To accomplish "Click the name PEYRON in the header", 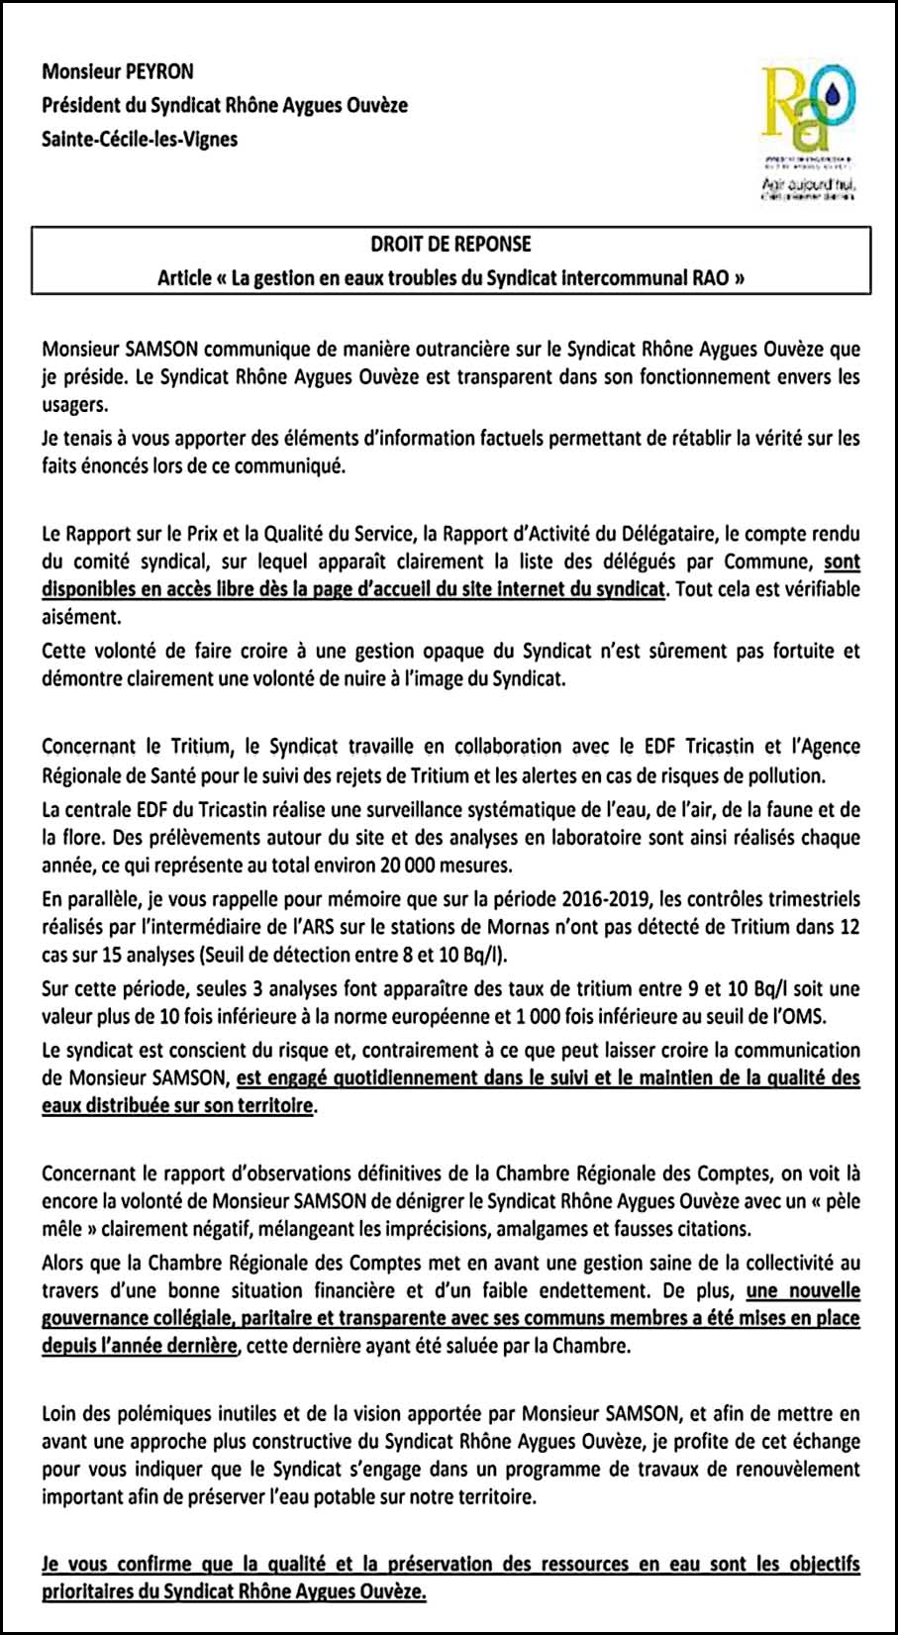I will coord(160,71).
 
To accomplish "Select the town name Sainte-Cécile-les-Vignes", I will coord(140,139).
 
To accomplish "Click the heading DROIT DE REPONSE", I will coord(450,244).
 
